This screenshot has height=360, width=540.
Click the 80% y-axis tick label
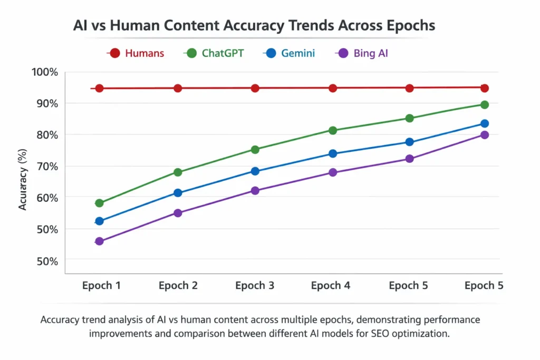coord(46,135)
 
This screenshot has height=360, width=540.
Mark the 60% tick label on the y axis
coord(46,198)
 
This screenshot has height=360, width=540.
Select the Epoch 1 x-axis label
coord(101,286)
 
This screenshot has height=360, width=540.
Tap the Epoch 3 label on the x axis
coord(254,286)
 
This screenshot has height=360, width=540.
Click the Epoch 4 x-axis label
coord(331,286)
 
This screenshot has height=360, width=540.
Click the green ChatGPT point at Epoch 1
coord(99,203)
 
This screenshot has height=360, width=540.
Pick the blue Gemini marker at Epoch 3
coord(255,171)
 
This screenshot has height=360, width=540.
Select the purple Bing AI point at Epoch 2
coord(178,213)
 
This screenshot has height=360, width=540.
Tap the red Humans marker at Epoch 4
coord(333,88)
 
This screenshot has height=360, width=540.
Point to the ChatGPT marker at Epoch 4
coord(333,130)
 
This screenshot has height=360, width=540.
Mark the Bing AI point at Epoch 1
coord(99,241)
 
